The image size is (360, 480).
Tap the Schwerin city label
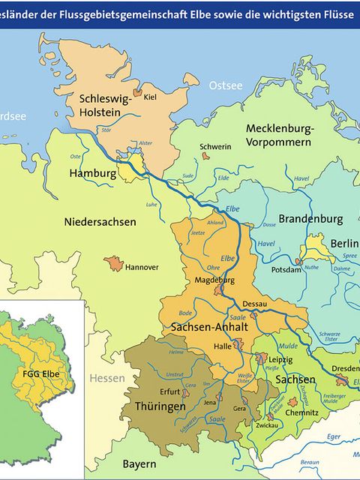click(215, 147)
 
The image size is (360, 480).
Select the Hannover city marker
click(114, 264)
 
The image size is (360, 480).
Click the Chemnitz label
click(301, 413)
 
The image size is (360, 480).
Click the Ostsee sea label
click(225, 85)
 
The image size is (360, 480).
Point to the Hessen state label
click(108, 378)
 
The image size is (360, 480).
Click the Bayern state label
click(139, 463)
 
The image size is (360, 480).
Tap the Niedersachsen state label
click(100, 222)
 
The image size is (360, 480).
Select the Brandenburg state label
click(310, 220)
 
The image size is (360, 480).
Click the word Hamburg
click(92, 173)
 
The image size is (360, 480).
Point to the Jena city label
click(211, 403)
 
